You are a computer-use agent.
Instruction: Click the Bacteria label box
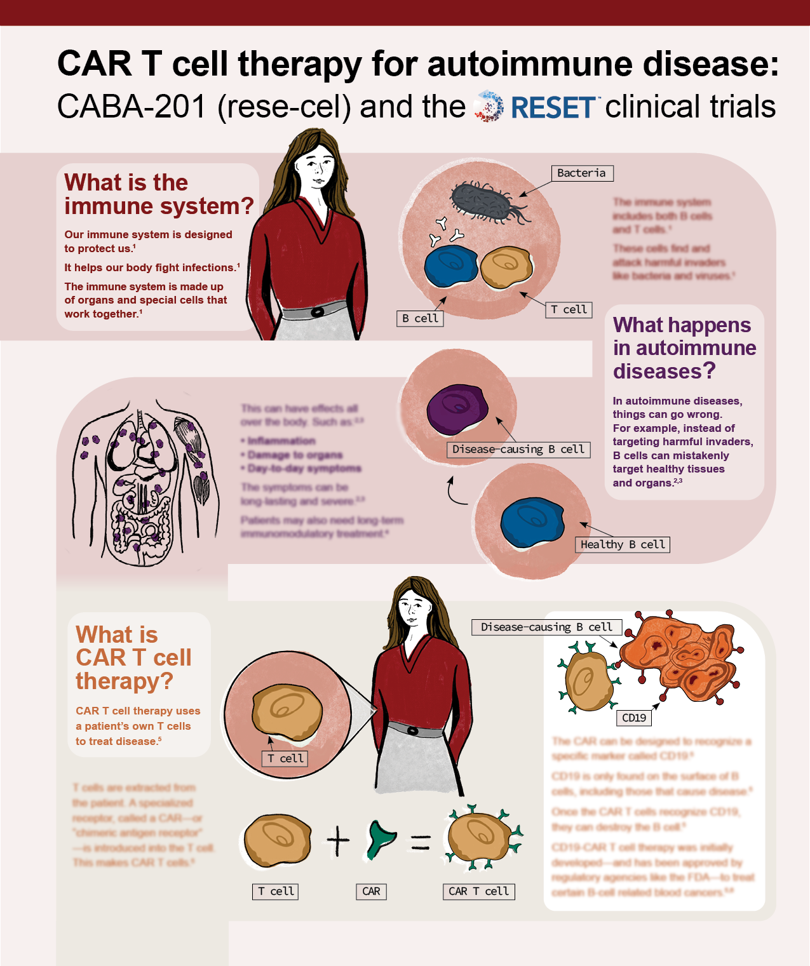[581, 173]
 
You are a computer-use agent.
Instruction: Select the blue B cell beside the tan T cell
[451, 266]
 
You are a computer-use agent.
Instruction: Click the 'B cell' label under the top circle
[420, 318]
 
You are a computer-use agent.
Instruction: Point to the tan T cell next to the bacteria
[506, 267]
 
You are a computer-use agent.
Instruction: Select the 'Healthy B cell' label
[623, 544]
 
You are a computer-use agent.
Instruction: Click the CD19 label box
[634, 718]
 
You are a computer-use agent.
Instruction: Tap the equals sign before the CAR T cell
[421, 842]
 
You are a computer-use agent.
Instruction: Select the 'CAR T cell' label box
[478, 891]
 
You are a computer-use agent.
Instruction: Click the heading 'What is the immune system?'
[158, 194]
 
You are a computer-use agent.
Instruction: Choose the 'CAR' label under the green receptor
[371, 891]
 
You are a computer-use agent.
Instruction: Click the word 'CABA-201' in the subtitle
[132, 107]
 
